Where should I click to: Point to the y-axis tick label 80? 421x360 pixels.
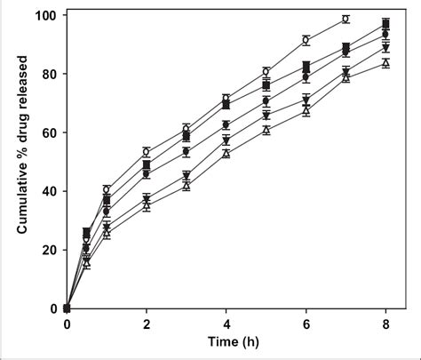(48, 75)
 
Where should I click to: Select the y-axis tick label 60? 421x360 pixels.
(48, 133)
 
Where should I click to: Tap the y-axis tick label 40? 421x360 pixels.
(48, 192)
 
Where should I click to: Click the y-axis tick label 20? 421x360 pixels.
(48, 250)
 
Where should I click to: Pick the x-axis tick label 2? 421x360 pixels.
(147, 324)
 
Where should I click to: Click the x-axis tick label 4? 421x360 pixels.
(226, 324)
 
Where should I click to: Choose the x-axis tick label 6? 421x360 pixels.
(306, 324)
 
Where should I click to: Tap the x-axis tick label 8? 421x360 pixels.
(385, 324)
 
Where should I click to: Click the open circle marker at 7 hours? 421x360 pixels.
(346, 19)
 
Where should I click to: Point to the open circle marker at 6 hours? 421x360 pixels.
(306, 40)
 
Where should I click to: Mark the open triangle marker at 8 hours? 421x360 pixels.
(385, 63)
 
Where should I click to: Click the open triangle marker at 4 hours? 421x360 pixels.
(226, 154)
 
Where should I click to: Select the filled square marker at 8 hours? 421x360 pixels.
(385, 23)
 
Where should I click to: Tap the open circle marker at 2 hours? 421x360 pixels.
(147, 152)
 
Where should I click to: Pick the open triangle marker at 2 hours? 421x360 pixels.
(147, 205)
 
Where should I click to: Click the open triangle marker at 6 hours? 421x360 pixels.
(306, 111)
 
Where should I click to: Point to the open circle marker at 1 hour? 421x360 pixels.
(107, 189)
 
